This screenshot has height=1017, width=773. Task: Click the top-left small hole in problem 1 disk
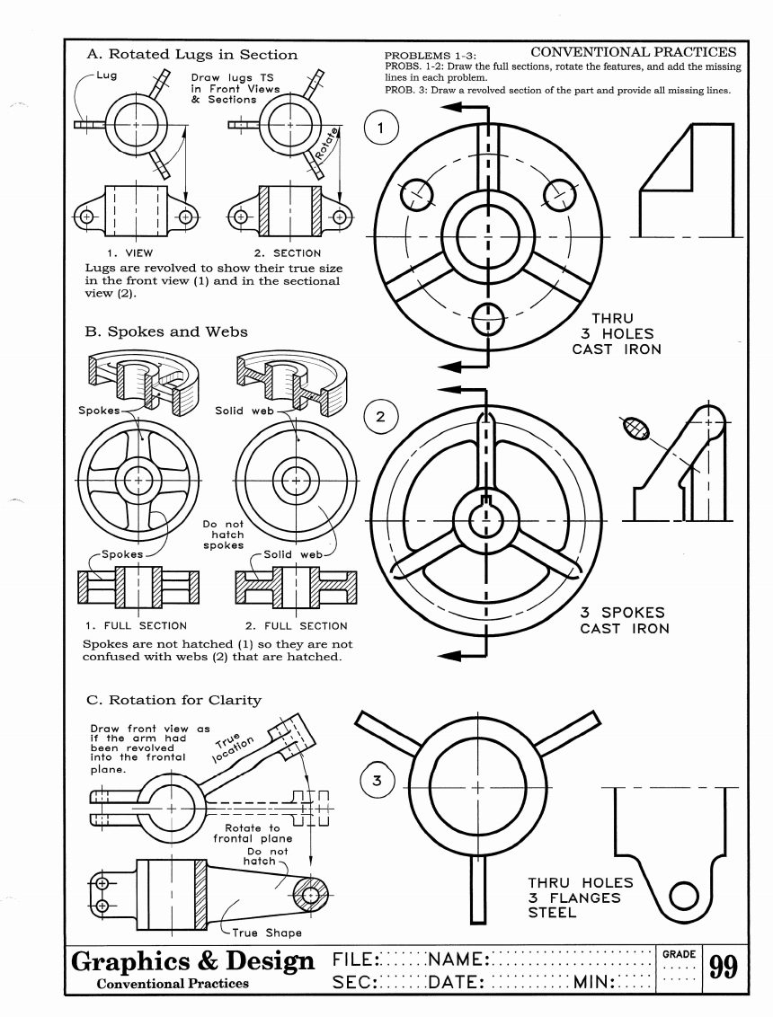tap(416, 191)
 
